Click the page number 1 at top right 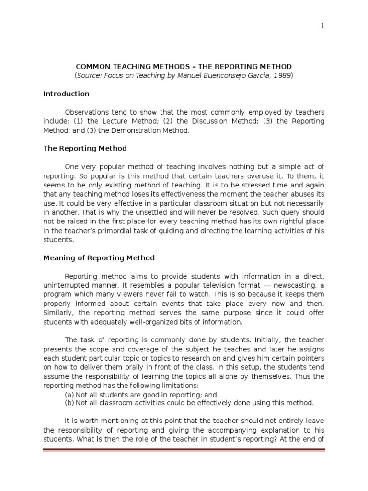pos(322,27)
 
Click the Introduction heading pos(66,94)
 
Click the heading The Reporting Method pos(85,149)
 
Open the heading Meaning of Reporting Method pos(99,258)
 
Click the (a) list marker pos(69,395)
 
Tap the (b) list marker pos(69,403)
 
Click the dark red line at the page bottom pos(184,450)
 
